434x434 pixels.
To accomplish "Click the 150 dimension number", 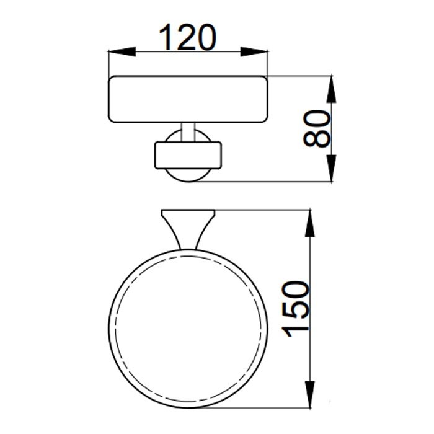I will (296, 309).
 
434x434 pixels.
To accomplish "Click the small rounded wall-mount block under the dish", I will (187, 155).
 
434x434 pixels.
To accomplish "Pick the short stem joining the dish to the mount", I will (187, 130).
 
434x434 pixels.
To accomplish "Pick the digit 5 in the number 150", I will (296, 309).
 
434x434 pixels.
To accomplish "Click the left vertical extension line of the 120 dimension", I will (108, 62).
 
